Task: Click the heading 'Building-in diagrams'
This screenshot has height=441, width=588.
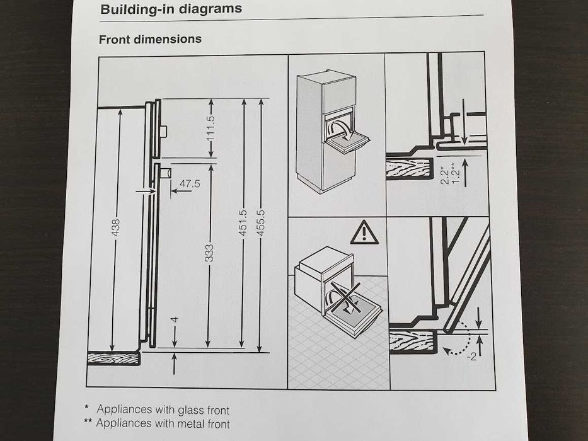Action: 171,9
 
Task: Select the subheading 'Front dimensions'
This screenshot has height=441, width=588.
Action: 150,39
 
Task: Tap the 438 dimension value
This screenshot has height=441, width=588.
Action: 115,227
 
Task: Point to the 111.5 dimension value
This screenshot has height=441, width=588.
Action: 210,129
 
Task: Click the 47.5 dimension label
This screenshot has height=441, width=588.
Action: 190,183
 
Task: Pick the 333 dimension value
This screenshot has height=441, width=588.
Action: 209,253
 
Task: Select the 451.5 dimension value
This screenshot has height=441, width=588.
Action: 243,223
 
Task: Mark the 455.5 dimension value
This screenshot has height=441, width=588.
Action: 260,223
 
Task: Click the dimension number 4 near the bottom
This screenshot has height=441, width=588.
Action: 174,320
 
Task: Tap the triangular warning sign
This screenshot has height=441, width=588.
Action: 364,233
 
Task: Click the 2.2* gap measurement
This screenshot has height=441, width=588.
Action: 445,176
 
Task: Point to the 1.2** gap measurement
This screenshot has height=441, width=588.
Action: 454,173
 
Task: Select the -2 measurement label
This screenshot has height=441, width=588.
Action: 472,356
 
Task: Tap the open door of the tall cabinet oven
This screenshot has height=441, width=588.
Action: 347,142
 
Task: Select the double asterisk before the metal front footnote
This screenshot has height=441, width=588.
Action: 88,421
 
